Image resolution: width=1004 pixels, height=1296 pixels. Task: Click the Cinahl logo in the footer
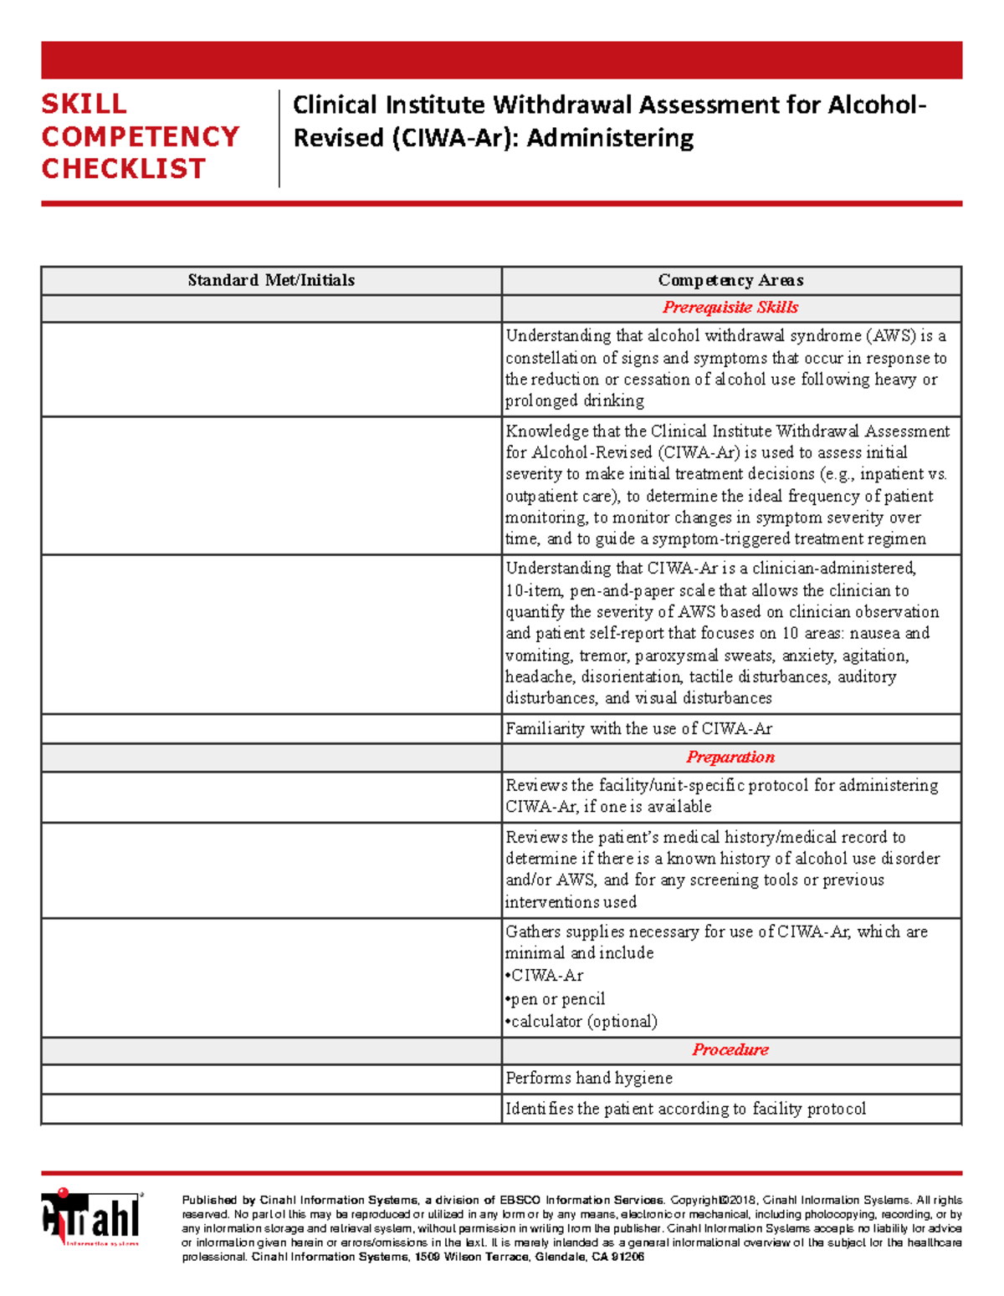pos(91,1217)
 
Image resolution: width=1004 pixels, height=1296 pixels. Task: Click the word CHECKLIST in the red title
pos(124,169)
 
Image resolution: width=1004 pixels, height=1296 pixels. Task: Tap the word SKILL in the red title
pos(85,105)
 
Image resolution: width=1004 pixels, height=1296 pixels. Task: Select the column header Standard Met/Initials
pos(271,280)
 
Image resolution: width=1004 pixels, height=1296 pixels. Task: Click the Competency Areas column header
pos(730,280)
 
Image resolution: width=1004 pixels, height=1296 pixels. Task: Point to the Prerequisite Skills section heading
pos(730,308)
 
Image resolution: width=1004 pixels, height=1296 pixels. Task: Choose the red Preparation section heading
pos(730,758)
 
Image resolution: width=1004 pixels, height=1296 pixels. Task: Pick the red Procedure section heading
pos(730,1050)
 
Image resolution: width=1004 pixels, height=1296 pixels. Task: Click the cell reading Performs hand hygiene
pos(589,1079)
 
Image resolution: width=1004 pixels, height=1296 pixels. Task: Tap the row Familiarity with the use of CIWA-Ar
pos(638,729)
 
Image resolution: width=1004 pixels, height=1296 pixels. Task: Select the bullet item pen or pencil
pos(558,999)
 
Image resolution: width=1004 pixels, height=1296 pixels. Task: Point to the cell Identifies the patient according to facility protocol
pos(685,1110)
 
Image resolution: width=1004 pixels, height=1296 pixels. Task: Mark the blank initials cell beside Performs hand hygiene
pos(271,1079)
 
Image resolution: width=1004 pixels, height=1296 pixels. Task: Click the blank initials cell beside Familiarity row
pos(271,728)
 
